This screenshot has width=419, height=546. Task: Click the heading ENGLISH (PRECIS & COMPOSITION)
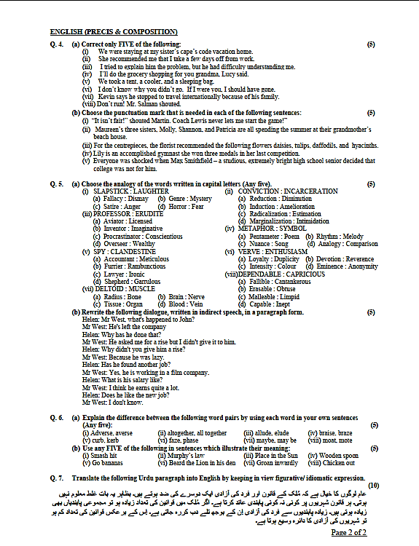(x=114, y=32)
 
